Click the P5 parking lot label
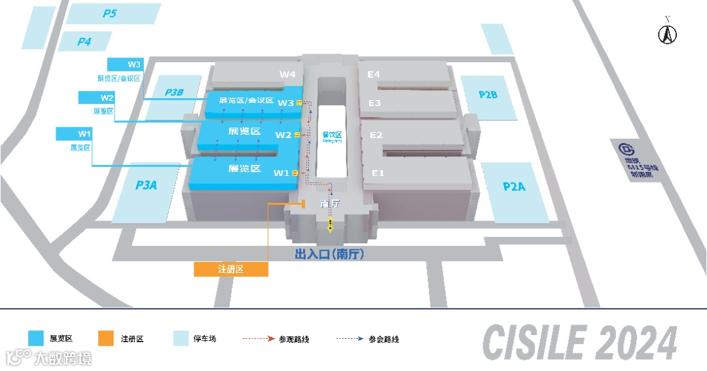[109, 13]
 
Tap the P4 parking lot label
[84, 42]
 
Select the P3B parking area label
[174, 92]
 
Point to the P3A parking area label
[146, 185]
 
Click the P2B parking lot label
[488, 95]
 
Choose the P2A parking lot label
[515, 186]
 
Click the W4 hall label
[287, 75]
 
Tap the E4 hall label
[373, 75]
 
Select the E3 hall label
[374, 103]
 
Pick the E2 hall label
[376, 135]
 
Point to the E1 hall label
[378, 173]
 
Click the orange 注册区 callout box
[231, 269]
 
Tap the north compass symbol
[667, 33]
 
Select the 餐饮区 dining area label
[333, 136]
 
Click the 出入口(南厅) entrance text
[329, 255]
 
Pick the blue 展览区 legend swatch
[36, 338]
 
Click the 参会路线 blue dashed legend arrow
[350, 339]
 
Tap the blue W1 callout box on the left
[84, 134]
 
